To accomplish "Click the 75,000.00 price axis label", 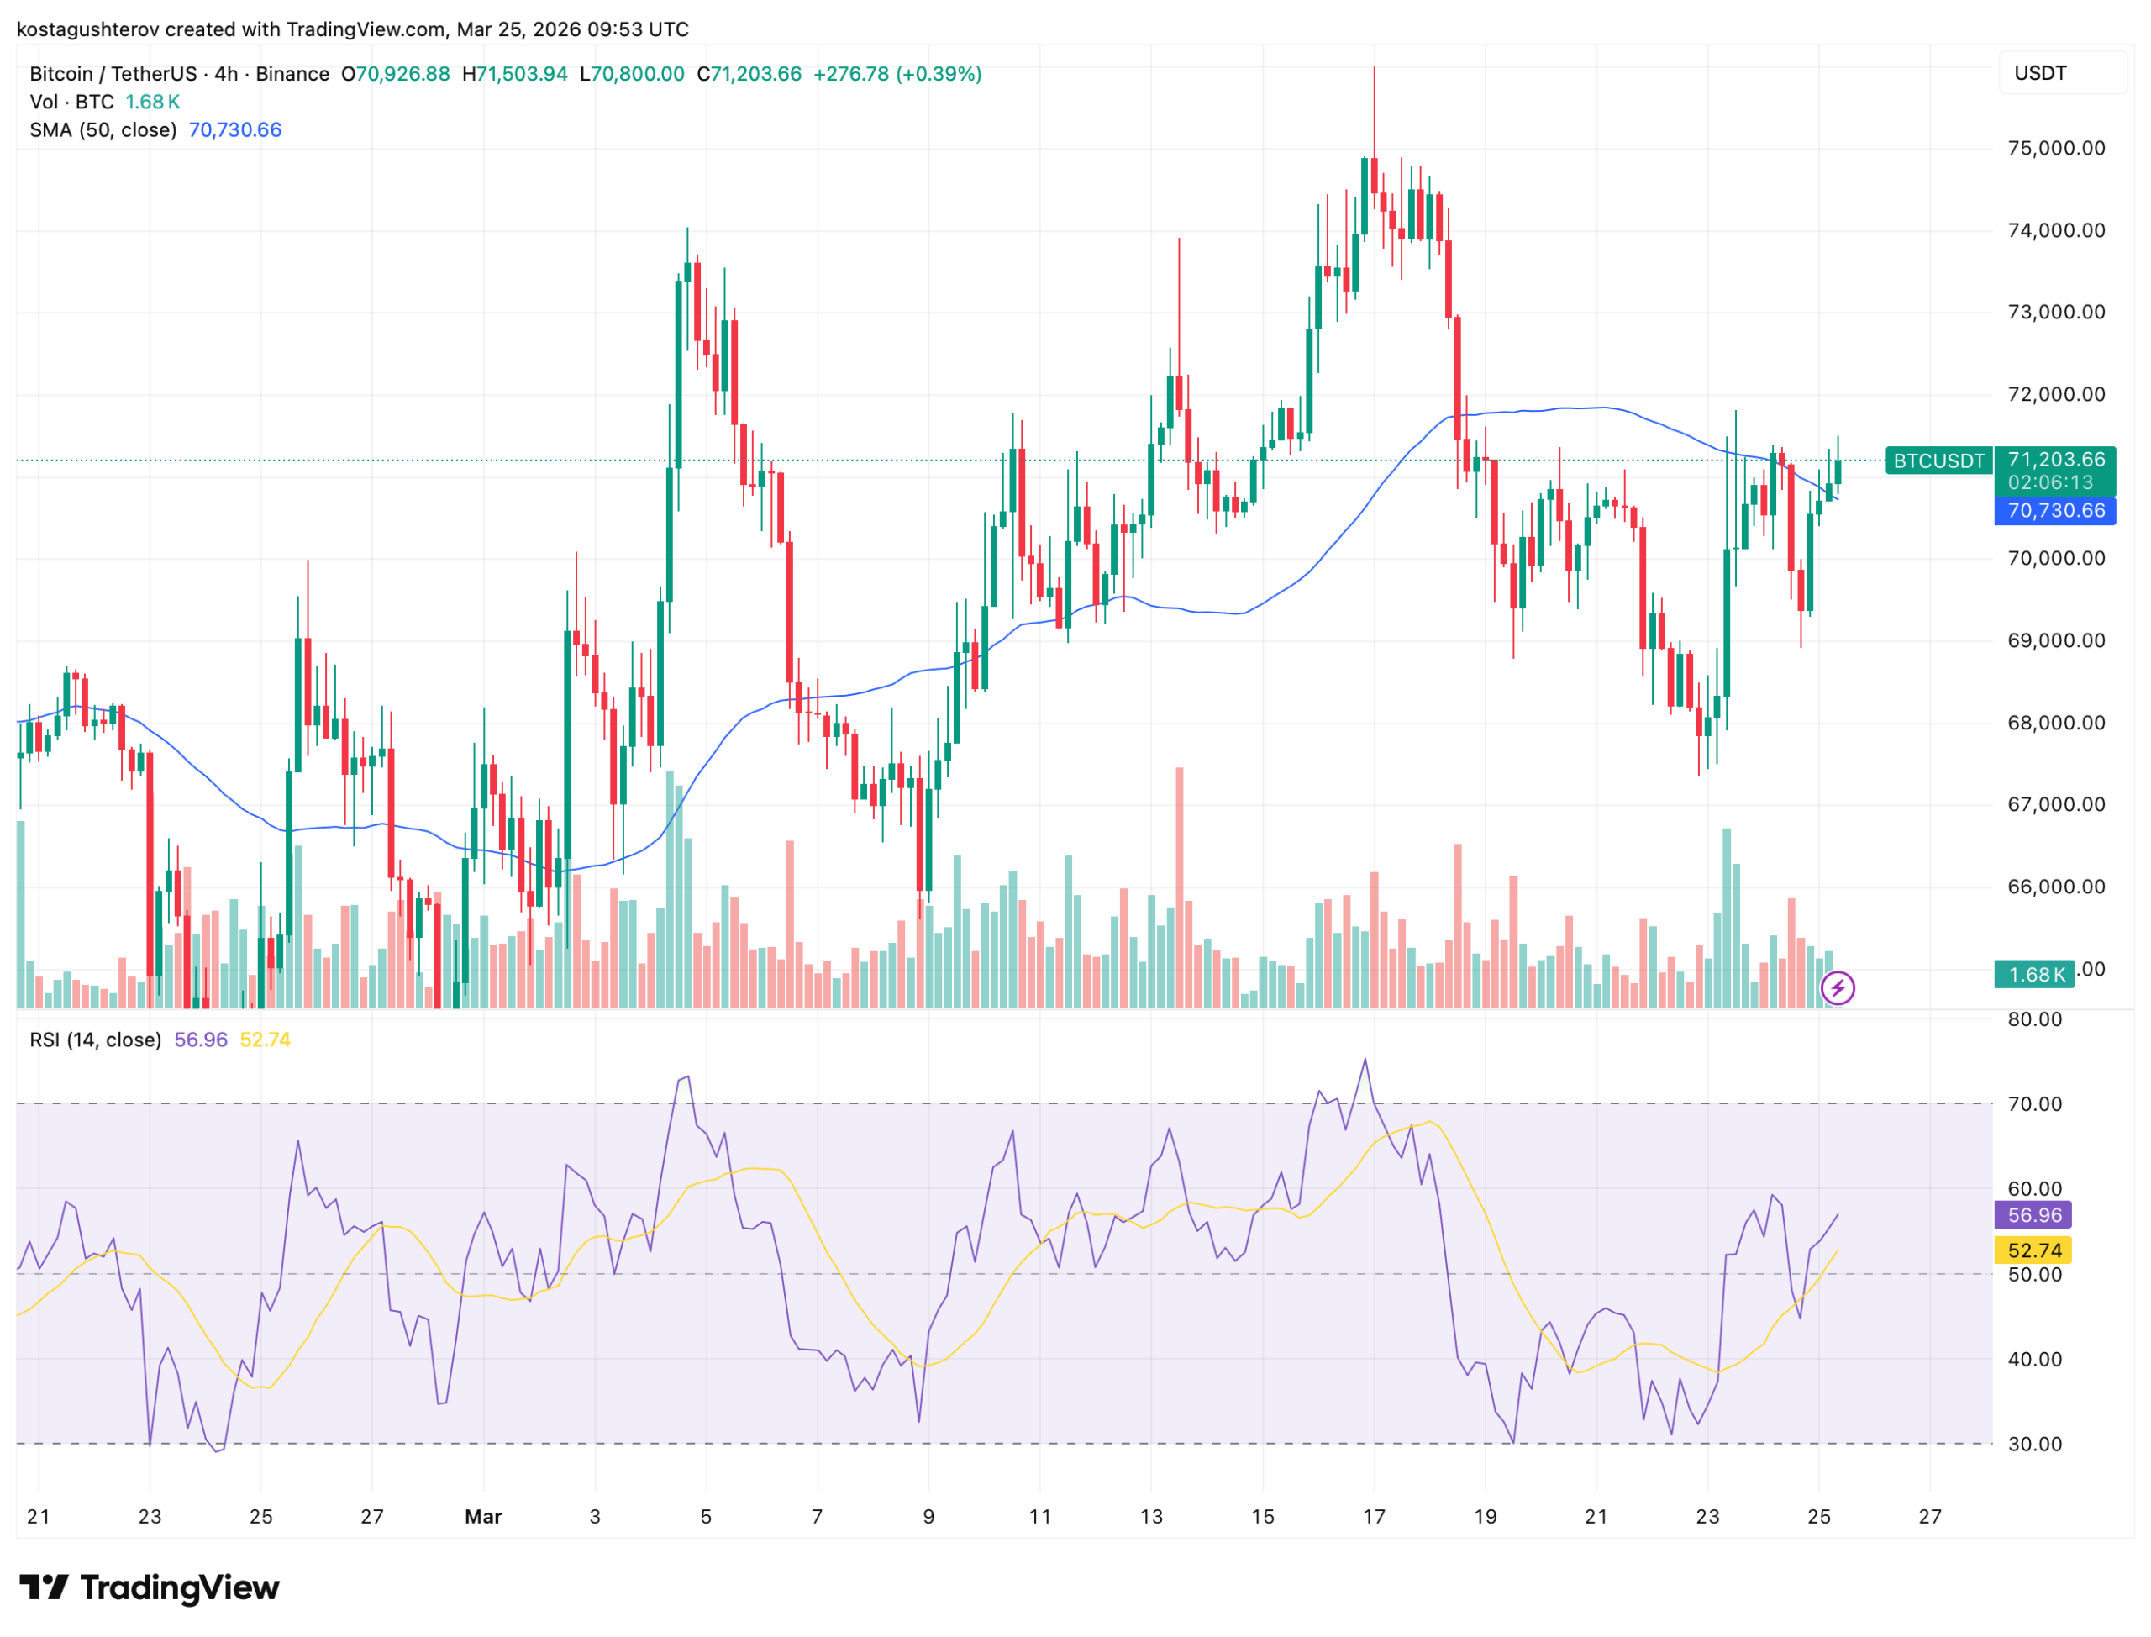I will (x=2055, y=148).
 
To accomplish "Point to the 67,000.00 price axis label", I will (x=2055, y=804).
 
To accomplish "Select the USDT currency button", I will (x=2040, y=73).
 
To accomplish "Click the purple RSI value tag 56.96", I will (x=2033, y=1214).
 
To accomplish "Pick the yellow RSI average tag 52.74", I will (x=2033, y=1250).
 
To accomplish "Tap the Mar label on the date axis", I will (x=483, y=1517).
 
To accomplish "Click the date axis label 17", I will (x=1373, y=1517).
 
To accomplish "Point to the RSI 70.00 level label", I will (x=2034, y=1104).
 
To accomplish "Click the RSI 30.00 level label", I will (x=2034, y=1444).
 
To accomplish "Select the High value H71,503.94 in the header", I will (x=514, y=74).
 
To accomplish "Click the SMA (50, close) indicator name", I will (x=103, y=129).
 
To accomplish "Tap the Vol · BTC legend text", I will (x=72, y=102).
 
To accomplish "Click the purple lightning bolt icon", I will (x=1837, y=988).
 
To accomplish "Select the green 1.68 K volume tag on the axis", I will (x=2035, y=975).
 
